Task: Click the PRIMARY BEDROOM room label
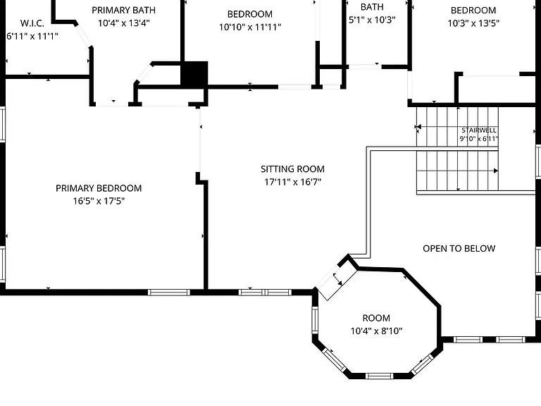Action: [99, 188]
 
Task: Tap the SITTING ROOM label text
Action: [292, 169]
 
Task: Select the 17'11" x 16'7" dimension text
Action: [292, 182]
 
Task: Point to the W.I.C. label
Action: [32, 23]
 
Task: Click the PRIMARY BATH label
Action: [123, 11]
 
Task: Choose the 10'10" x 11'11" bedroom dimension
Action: [250, 27]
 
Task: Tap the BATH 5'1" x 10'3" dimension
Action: [372, 20]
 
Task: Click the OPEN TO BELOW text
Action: [459, 249]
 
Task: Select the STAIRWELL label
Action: [479, 130]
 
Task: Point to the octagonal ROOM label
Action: [376, 318]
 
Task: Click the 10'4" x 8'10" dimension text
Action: [376, 331]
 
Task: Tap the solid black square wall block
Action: [194, 74]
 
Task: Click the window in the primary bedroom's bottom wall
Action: [169, 293]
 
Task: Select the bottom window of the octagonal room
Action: [379, 376]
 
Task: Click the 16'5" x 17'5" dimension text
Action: [99, 201]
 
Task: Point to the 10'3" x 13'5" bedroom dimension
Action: [473, 23]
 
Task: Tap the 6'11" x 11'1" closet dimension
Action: [32, 36]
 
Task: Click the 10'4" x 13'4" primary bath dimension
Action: [123, 23]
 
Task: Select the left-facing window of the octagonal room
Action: [315, 320]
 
